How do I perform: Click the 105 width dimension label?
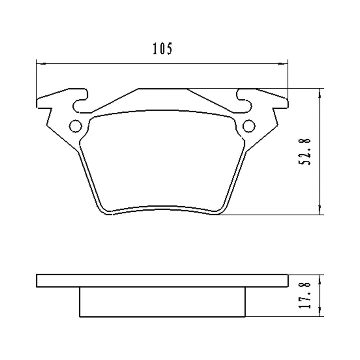tap(162, 49)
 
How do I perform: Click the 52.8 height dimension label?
tap(305, 151)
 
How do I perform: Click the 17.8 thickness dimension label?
tap(305, 295)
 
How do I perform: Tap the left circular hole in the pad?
tap(76, 126)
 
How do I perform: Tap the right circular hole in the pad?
tap(249, 126)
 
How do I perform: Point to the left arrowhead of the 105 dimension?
tap(41, 63)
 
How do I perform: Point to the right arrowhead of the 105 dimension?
tap(283, 63)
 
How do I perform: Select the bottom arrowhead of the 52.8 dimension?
tap(320, 210)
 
